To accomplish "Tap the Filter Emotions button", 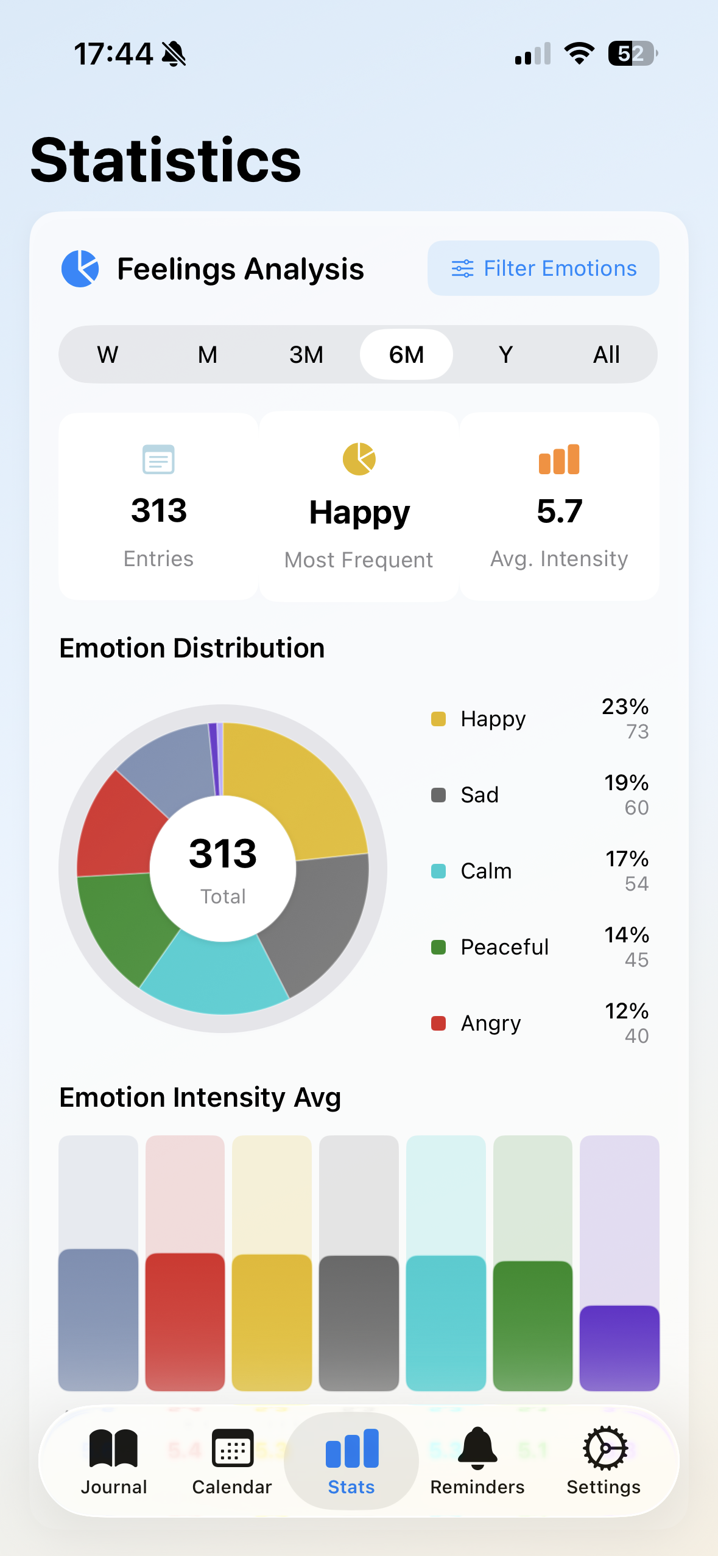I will click(x=543, y=268).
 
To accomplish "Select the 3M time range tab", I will click(x=306, y=354).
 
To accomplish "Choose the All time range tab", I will click(x=606, y=354).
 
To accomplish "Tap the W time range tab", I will click(x=108, y=354).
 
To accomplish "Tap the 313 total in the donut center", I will click(x=223, y=853).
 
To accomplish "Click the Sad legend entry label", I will click(x=479, y=795).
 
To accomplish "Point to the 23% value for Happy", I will click(x=625, y=707).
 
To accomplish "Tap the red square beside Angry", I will click(x=438, y=1023).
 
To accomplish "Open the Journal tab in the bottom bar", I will click(x=114, y=1461).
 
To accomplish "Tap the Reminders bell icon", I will click(x=477, y=1448).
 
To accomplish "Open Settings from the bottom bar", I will click(x=604, y=1461).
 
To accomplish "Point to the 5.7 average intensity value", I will click(x=559, y=511).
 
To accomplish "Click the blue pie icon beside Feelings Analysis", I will click(x=80, y=268).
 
